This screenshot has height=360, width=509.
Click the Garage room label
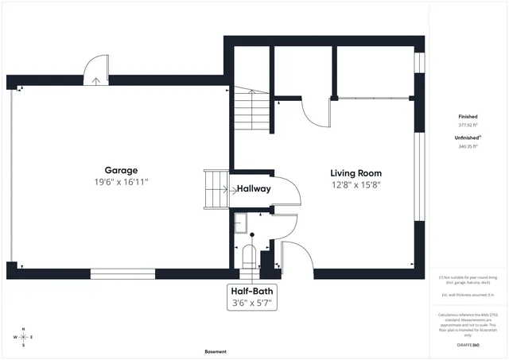(x=121, y=170)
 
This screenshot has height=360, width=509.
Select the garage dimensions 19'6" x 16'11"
(x=121, y=182)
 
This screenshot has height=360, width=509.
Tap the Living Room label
(x=356, y=172)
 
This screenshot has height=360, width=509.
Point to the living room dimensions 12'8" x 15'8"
(x=356, y=185)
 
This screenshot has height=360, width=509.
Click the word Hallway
(x=254, y=189)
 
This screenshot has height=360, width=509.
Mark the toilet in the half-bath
(x=247, y=257)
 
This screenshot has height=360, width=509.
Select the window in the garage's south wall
(x=122, y=274)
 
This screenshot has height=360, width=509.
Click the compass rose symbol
(x=24, y=337)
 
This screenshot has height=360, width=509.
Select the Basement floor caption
(x=215, y=351)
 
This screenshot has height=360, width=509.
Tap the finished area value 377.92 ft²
(x=468, y=125)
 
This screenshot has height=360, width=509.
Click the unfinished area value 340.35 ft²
(x=468, y=146)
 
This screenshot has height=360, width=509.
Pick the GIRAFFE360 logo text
(x=468, y=346)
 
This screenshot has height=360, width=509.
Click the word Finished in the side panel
(x=468, y=116)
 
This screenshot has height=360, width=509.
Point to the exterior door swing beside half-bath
(x=293, y=255)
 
